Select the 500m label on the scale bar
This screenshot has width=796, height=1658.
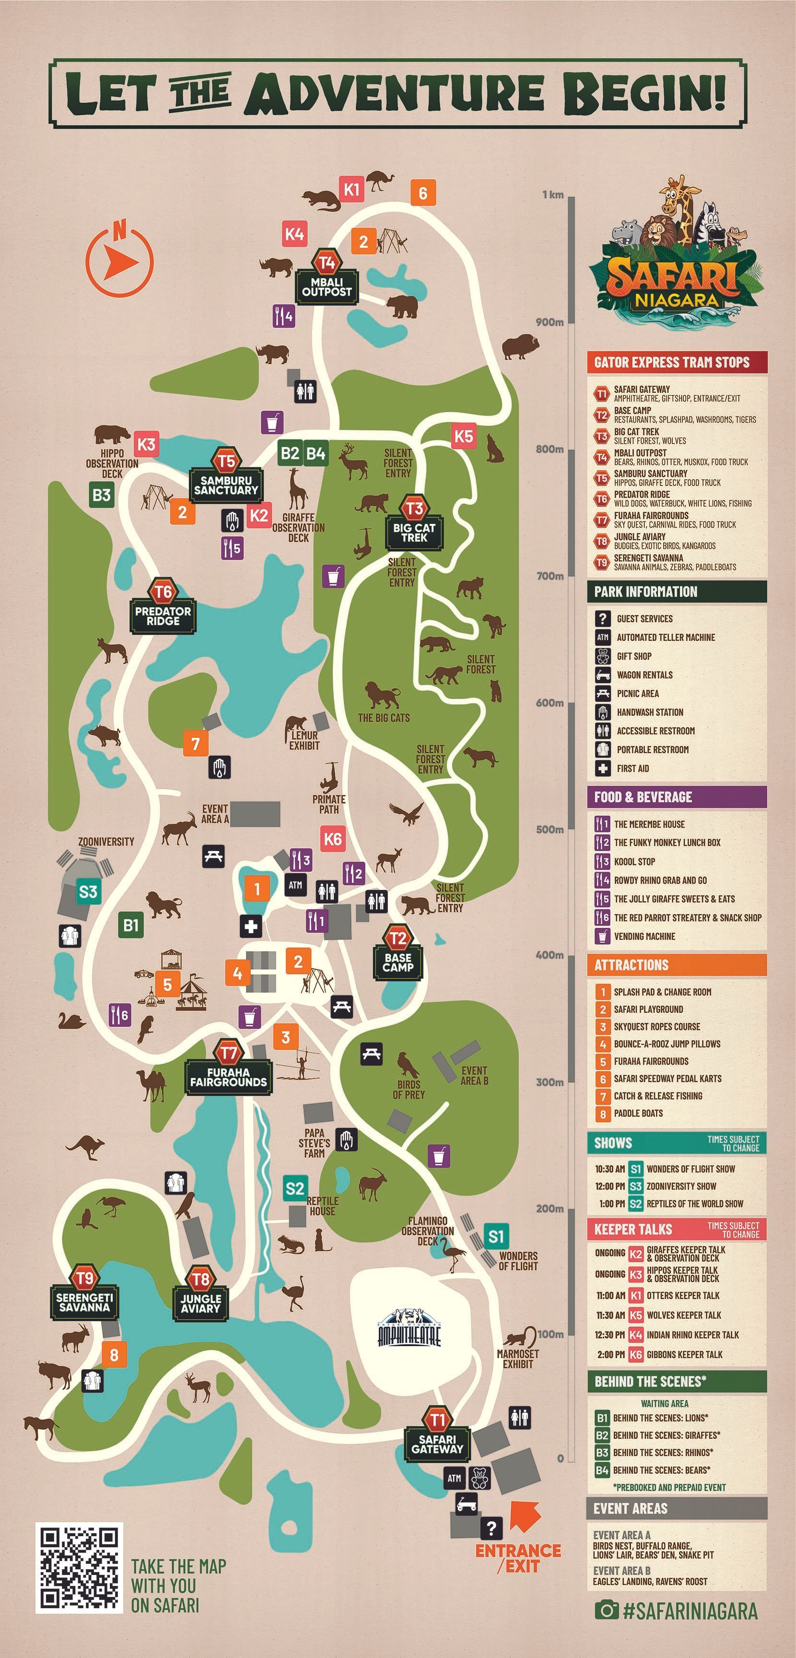[550, 829]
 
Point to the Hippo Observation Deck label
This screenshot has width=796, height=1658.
[112, 463]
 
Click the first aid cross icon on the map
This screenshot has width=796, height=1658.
[250, 926]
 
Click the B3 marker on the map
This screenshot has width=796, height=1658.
[102, 495]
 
